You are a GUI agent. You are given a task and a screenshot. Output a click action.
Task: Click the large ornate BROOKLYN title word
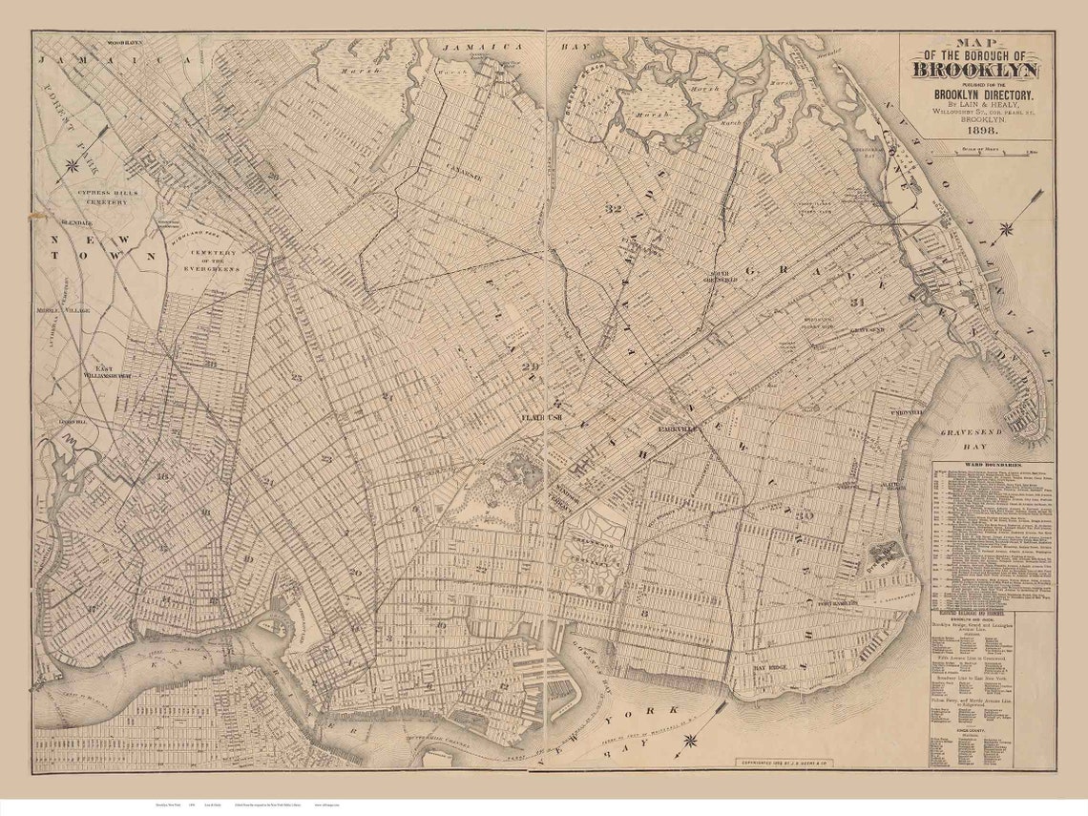(976, 70)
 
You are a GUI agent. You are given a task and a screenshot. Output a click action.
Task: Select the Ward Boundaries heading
(993, 469)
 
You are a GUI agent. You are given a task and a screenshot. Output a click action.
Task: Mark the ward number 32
(613, 207)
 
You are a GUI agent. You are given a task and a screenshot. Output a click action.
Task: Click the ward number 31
(857, 302)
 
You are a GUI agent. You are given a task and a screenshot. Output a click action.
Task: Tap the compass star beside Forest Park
(72, 165)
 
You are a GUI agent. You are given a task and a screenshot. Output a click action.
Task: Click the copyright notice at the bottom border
(784, 763)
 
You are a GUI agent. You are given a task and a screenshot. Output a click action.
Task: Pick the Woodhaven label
(124, 43)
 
